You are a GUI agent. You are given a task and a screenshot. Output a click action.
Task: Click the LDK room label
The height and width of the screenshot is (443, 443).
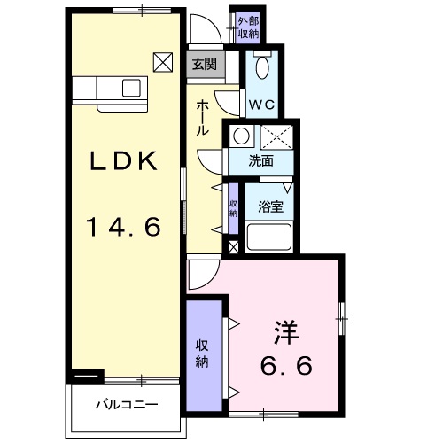[x=124, y=161]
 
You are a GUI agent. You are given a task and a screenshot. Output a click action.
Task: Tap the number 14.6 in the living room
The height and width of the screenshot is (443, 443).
[x=124, y=227]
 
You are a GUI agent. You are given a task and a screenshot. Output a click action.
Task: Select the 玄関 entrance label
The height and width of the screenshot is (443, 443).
[x=204, y=63]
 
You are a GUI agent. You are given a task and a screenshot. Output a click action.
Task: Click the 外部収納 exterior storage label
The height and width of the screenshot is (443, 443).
[x=248, y=27]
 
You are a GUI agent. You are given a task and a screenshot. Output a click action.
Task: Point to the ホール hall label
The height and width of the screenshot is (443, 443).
[x=203, y=117]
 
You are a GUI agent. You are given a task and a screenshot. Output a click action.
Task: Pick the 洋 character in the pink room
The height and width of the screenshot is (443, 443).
[x=284, y=335]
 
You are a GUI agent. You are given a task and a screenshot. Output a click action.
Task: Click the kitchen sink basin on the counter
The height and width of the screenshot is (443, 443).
[x=132, y=87]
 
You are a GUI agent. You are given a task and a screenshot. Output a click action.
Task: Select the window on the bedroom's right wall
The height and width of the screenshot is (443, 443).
[x=343, y=317]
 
